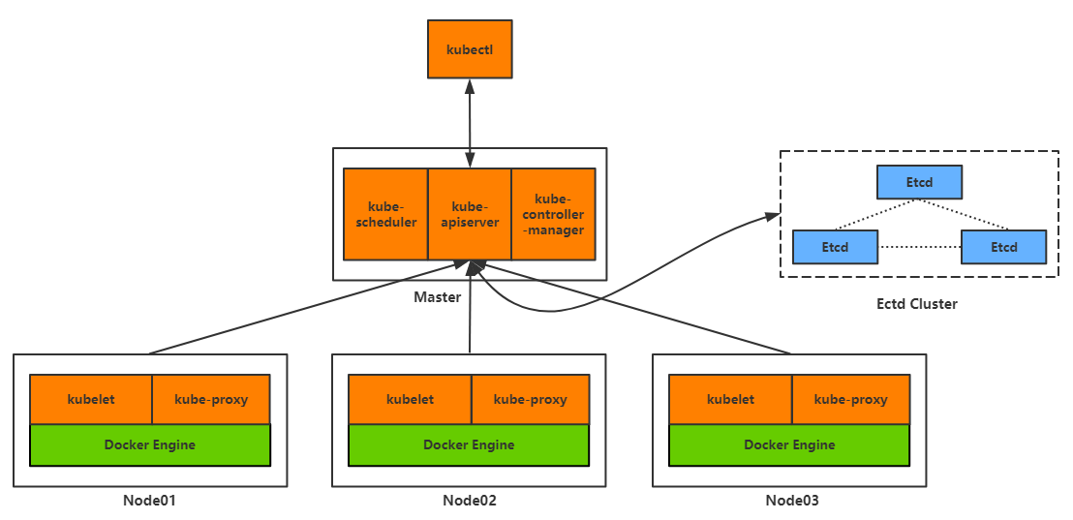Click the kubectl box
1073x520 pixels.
pyautogui.click(x=470, y=48)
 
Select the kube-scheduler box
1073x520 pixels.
pyautogui.click(x=385, y=214)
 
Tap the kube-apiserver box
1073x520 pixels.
pyautogui.click(x=470, y=214)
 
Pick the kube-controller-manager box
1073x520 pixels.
pyautogui.click(x=553, y=214)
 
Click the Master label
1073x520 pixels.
pyautogui.click(x=438, y=297)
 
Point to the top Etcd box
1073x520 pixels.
pyautogui.click(x=919, y=182)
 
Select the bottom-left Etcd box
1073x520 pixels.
pyautogui.click(x=835, y=247)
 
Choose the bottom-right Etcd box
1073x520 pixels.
pyautogui.click(x=1003, y=247)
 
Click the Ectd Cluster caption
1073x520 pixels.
pyautogui.click(x=916, y=304)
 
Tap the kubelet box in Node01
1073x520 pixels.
pyautogui.click(x=91, y=399)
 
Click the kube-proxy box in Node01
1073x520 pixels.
pyautogui.click(x=211, y=399)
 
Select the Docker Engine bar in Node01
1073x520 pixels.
pyautogui.click(x=150, y=444)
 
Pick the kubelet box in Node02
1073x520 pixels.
pyautogui.click(x=410, y=399)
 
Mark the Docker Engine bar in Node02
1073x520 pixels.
pyautogui.click(x=469, y=444)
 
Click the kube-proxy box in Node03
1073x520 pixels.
pyautogui.click(x=850, y=399)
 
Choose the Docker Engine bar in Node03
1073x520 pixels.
pyautogui.click(x=789, y=444)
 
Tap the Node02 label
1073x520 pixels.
pyautogui.click(x=470, y=501)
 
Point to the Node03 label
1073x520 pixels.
pyautogui.click(x=791, y=501)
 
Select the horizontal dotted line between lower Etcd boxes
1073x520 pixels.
pyautogui.click(x=919, y=247)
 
